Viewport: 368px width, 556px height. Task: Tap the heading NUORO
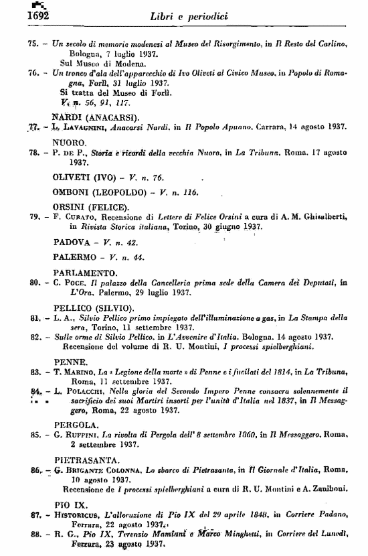[69, 143]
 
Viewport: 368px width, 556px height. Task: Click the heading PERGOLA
[75, 425]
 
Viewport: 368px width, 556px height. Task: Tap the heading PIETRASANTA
[86, 460]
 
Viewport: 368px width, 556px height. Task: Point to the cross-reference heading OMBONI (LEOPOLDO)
[94, 192]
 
